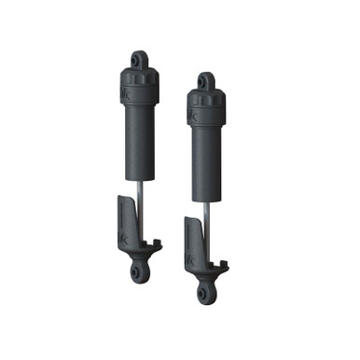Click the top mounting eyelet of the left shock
click(138, 61)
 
